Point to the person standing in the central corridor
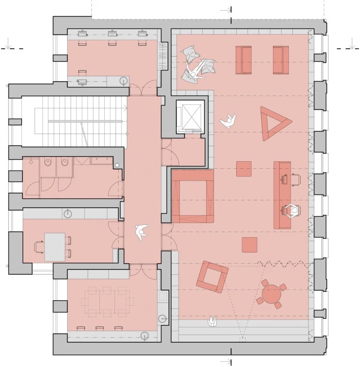(x=142, y=232)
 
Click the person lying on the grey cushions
(x=196, y=69)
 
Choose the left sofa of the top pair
(x=243, y=60)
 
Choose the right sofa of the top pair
(x=280, y=60)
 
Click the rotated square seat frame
(x=212, y=276)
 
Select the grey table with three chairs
(x=55, y=246)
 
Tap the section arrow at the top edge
(x=226, y=10)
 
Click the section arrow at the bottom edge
(x=226, y=361)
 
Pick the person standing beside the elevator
(x=228, y=121)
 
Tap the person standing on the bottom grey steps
(x=213, y=321)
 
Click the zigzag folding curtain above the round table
(x=287, y=264)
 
